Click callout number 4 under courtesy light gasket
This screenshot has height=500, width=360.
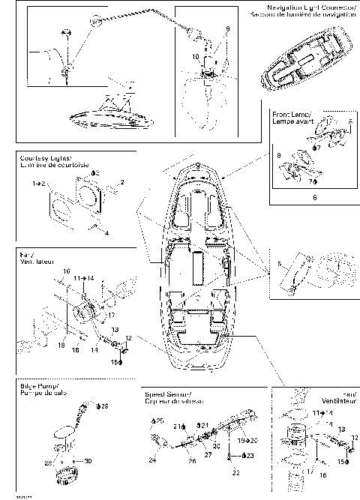click(106, 233)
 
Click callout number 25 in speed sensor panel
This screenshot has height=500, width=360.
click(159, 422)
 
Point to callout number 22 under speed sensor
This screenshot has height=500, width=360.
click(234, 472)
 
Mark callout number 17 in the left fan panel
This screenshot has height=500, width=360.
click(101, 315)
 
